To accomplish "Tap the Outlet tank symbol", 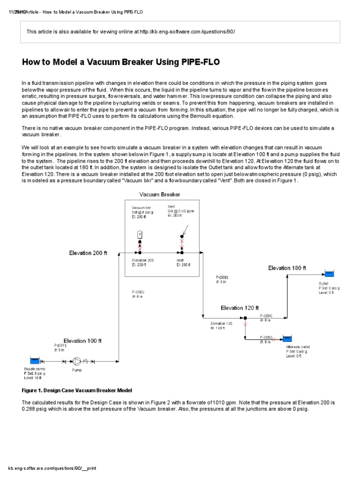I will pyautogui.click(x=330, y=275).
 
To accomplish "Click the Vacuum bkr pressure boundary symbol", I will pyautogui.click(x=139, y=234).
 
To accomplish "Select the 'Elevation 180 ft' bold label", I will pyautogui.click(x=287, y=268).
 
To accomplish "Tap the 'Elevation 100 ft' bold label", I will pyautogui.click(x=82, y=341).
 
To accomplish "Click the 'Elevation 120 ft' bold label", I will pyautogui.click(x=240, y=308).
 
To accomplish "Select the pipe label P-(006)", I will pyautogui.click(x=221, y=277).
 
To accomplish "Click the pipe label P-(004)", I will pyautogui.click(x=266, y=316).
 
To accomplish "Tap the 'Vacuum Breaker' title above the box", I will pyautogui.click(x=159, y=194).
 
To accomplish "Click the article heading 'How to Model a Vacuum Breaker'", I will pyautogui.click(x=121, y=62).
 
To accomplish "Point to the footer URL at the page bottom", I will pyautogui.click(x=52, y=468).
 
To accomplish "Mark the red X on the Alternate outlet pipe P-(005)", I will pyautogui.click(x=274, y=338).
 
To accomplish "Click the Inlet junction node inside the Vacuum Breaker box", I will pyautogui.click(x=182, y=252).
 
